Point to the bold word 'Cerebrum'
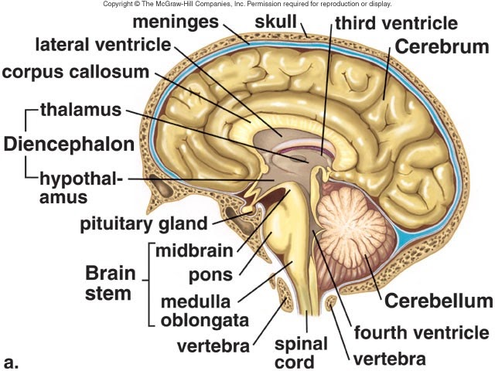[442, 46]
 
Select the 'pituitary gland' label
[143, 225]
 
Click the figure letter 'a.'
[12, 360]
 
